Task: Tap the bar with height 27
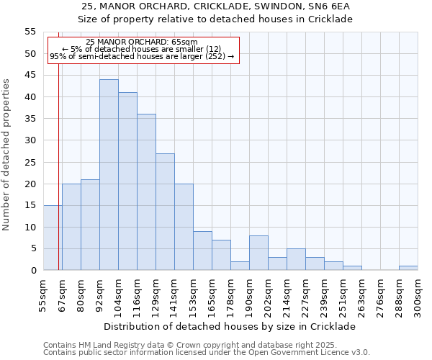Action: (x=165, y=212)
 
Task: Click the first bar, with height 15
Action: (x=53, y=238)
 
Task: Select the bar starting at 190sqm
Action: (x=258, y=253)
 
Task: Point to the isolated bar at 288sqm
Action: (x=408, y=268)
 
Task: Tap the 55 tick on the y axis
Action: (x=30, y=32)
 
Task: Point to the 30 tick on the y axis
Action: (x=30, y=140)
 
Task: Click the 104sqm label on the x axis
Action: (x=118, y=294)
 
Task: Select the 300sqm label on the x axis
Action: (x=418, y=294)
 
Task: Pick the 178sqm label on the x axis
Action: (x=230, y=294)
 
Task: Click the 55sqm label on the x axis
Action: (x=43, y=294)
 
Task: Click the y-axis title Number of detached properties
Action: (x=7, y=155)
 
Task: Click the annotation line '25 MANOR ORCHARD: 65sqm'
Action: (x=141, y=42)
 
